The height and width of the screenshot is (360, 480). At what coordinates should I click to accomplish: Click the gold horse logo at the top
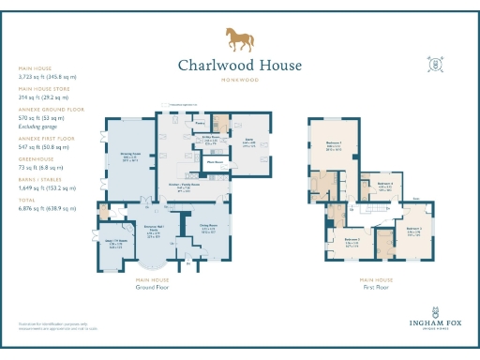tap(240, 39)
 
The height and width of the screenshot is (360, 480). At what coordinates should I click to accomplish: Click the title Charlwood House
tap(240, 66)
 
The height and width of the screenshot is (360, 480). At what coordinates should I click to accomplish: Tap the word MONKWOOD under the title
tap(240, 81)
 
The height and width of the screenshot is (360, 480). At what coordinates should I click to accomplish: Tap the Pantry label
tap(200, 122)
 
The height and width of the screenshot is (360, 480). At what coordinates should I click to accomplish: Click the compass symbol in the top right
tap(435, 65)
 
